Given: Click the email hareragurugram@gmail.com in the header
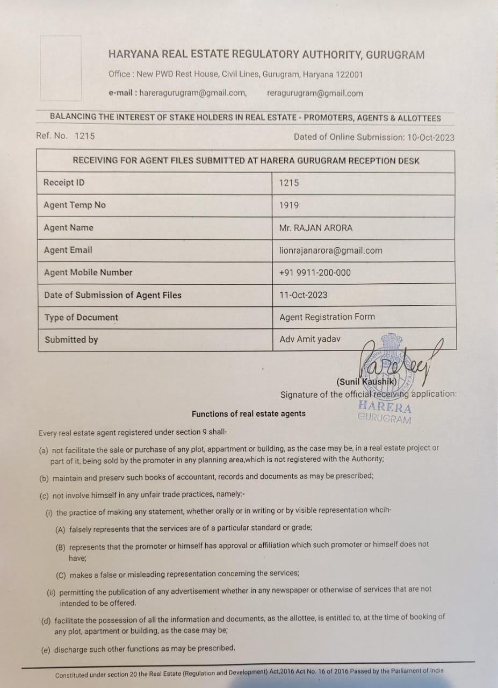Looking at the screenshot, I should click(x=193, y=93).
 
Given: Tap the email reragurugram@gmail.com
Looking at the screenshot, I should click(x=315, y=94).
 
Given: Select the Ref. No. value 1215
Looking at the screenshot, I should click(x=84, y=136).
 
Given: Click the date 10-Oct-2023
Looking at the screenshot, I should click(x=430, y=137).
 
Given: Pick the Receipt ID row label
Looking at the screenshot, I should click(x=64, y=183).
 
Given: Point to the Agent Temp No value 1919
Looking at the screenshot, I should click(x=289, y=205).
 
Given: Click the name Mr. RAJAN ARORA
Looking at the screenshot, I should click(x=316, y=228).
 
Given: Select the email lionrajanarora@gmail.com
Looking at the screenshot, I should click(x=331, y=250).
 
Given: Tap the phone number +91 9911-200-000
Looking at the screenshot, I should click(x=315, y=273).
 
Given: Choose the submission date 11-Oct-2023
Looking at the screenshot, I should click(x=303, y=295).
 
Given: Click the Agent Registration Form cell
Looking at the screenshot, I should click(x=327, y=317).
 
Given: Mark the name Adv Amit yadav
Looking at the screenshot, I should click(x=310, y=339).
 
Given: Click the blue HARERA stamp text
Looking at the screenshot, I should click(x=385, y=407).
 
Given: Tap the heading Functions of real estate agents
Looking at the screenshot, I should click(x=249, y=414).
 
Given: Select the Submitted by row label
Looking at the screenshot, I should click(x=71, y=340).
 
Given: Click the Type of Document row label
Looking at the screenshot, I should click(x=81, y=318).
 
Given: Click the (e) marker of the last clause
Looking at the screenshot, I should click(x=45, y=650).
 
